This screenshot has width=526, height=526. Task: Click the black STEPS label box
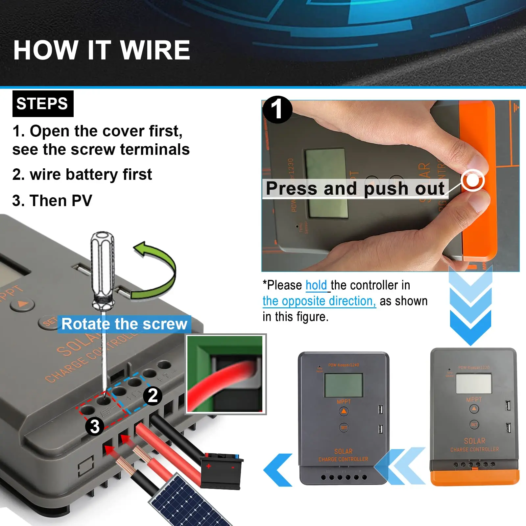[x=43, y=104]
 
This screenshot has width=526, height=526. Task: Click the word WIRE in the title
[x=155, y=50]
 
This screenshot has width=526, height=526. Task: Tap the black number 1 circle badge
[x=277, y=110]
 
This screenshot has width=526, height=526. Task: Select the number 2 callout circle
[x=153, y=396]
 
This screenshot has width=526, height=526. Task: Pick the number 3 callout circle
[x=95, y=426]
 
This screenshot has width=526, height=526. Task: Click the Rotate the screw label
[x=124, y=324]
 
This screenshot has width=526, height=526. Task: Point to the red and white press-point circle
[x=472, y=180]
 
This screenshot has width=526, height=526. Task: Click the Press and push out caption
[x=355, y=189]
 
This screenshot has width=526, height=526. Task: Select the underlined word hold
[x=316, y=285]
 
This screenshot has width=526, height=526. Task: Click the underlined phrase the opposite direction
[x=319, y=301]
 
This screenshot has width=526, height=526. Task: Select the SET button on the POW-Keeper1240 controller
[x=344, y=428]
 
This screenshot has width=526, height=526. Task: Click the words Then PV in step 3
[x=61, y=201]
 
